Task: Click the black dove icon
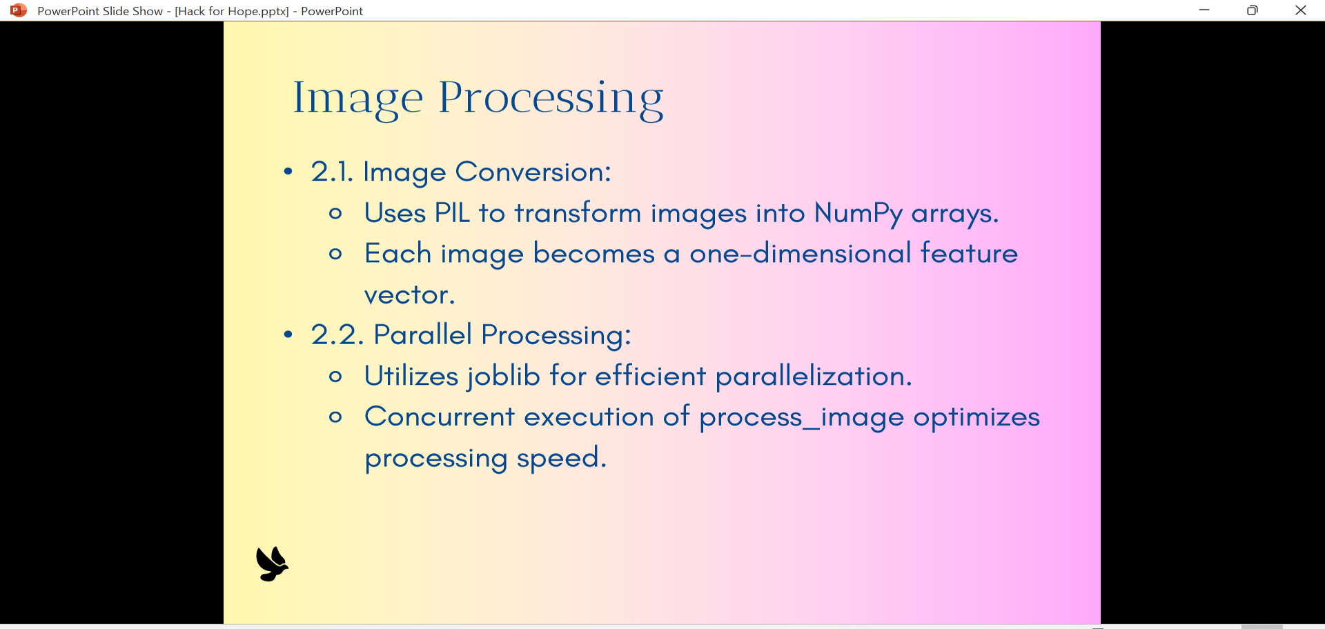click(x=272, y=564)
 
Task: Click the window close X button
click(x=1301, y=10)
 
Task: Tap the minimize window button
click(x=1204, y=10)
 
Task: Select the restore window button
click(x=1253, y=10)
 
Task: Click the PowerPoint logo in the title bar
click(x=19, y=10)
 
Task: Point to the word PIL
click(x=452, y=213)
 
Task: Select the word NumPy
click(x=858, y=214)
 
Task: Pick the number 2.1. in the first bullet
click(x=332, y=172)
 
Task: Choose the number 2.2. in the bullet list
click(x=337, y=335)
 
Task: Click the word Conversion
click(x=533, y=172)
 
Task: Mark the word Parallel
click(x=422, y=335)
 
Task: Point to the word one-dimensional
click(x=801, y=254)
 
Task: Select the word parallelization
click(x=814, y=377)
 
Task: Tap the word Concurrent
click(x=440, y=417)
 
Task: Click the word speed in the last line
click(x=562, y=459)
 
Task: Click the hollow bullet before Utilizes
click(x=335, y=377)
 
